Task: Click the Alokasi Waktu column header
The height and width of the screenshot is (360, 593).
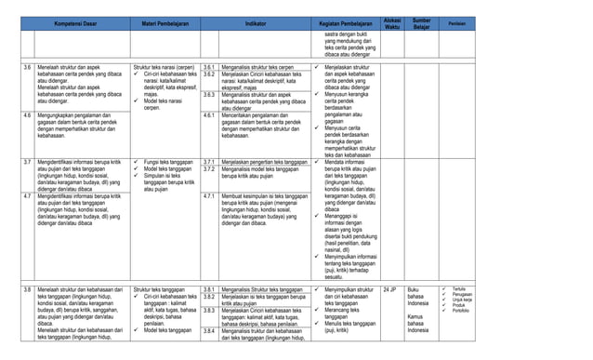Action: tap(393, 21)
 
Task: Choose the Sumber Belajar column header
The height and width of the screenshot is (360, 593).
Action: tap(422, 21)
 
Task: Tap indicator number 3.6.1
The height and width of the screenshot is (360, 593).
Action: tap(210, 68)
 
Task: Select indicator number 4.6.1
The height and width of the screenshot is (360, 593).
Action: tap(210, 114)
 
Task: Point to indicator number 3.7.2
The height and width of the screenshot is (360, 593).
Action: tap(210, 168)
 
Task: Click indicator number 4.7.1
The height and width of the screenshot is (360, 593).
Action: tap(210, 196)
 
